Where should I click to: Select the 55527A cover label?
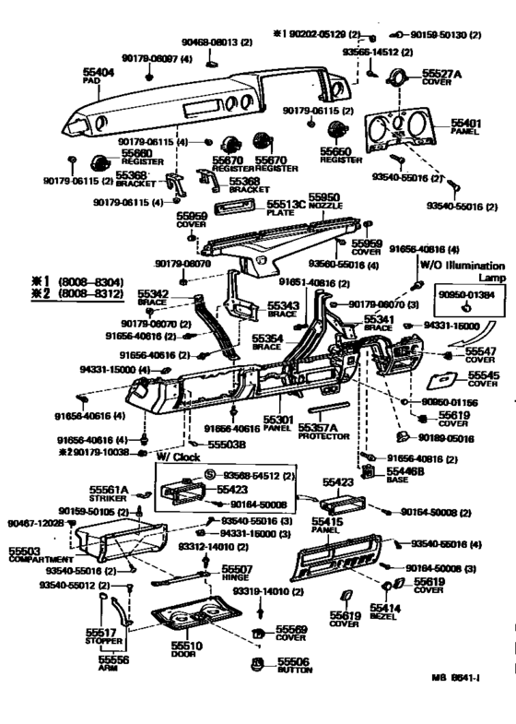(x=441, y=71)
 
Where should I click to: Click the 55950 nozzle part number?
(x=323, y=197)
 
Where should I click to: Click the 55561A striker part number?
(x=108, y=490)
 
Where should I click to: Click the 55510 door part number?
(x=186, y=646)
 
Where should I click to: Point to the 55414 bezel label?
(x=386, y=609)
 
